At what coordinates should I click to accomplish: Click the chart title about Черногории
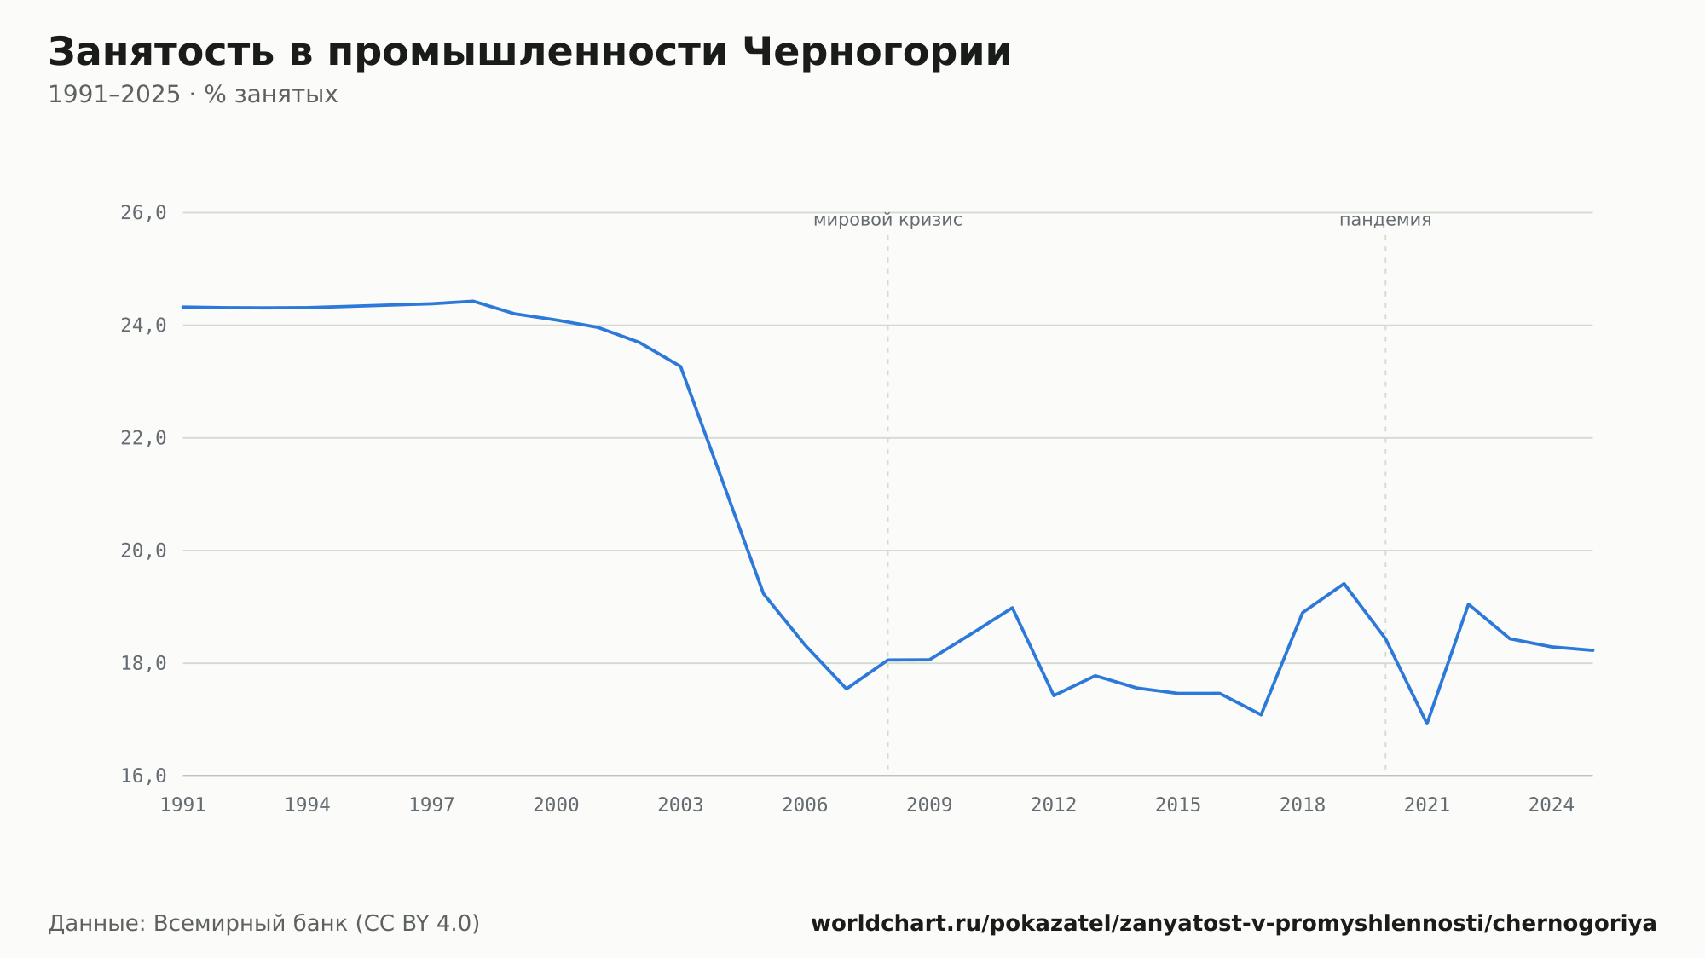[x=529, y=52]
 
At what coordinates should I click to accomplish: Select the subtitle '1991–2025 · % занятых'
[x=193, y=95]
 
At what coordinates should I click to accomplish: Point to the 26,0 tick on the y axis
[x=143, y=213]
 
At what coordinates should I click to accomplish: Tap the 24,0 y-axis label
[x=143, y=326]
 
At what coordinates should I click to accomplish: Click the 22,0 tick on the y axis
[x=143, y=438]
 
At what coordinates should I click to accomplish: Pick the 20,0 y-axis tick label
[x=143, y=551]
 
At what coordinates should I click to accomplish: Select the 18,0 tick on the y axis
[x=143, y=663]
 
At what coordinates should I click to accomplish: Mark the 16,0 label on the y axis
[x=143, y=776]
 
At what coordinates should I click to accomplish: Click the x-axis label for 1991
[x=183, y=805]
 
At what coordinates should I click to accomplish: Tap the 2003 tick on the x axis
[x=680, y=805]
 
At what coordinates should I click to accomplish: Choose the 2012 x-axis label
[x=1054, y=805]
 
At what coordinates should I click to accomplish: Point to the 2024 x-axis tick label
[x=1552, y=805]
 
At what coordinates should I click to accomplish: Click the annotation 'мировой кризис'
[x=887, y=220]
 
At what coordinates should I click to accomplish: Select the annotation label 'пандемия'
[x=1385, y=220]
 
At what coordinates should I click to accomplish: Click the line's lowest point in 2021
[x=1427, y=724]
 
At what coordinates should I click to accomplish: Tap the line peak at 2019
[x=1344, y=584]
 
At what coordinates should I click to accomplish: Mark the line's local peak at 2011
[x=1012, y=608]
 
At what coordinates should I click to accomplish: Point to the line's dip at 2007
[x=847, y=689]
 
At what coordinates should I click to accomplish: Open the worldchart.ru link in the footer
[x=1234, y=923]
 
